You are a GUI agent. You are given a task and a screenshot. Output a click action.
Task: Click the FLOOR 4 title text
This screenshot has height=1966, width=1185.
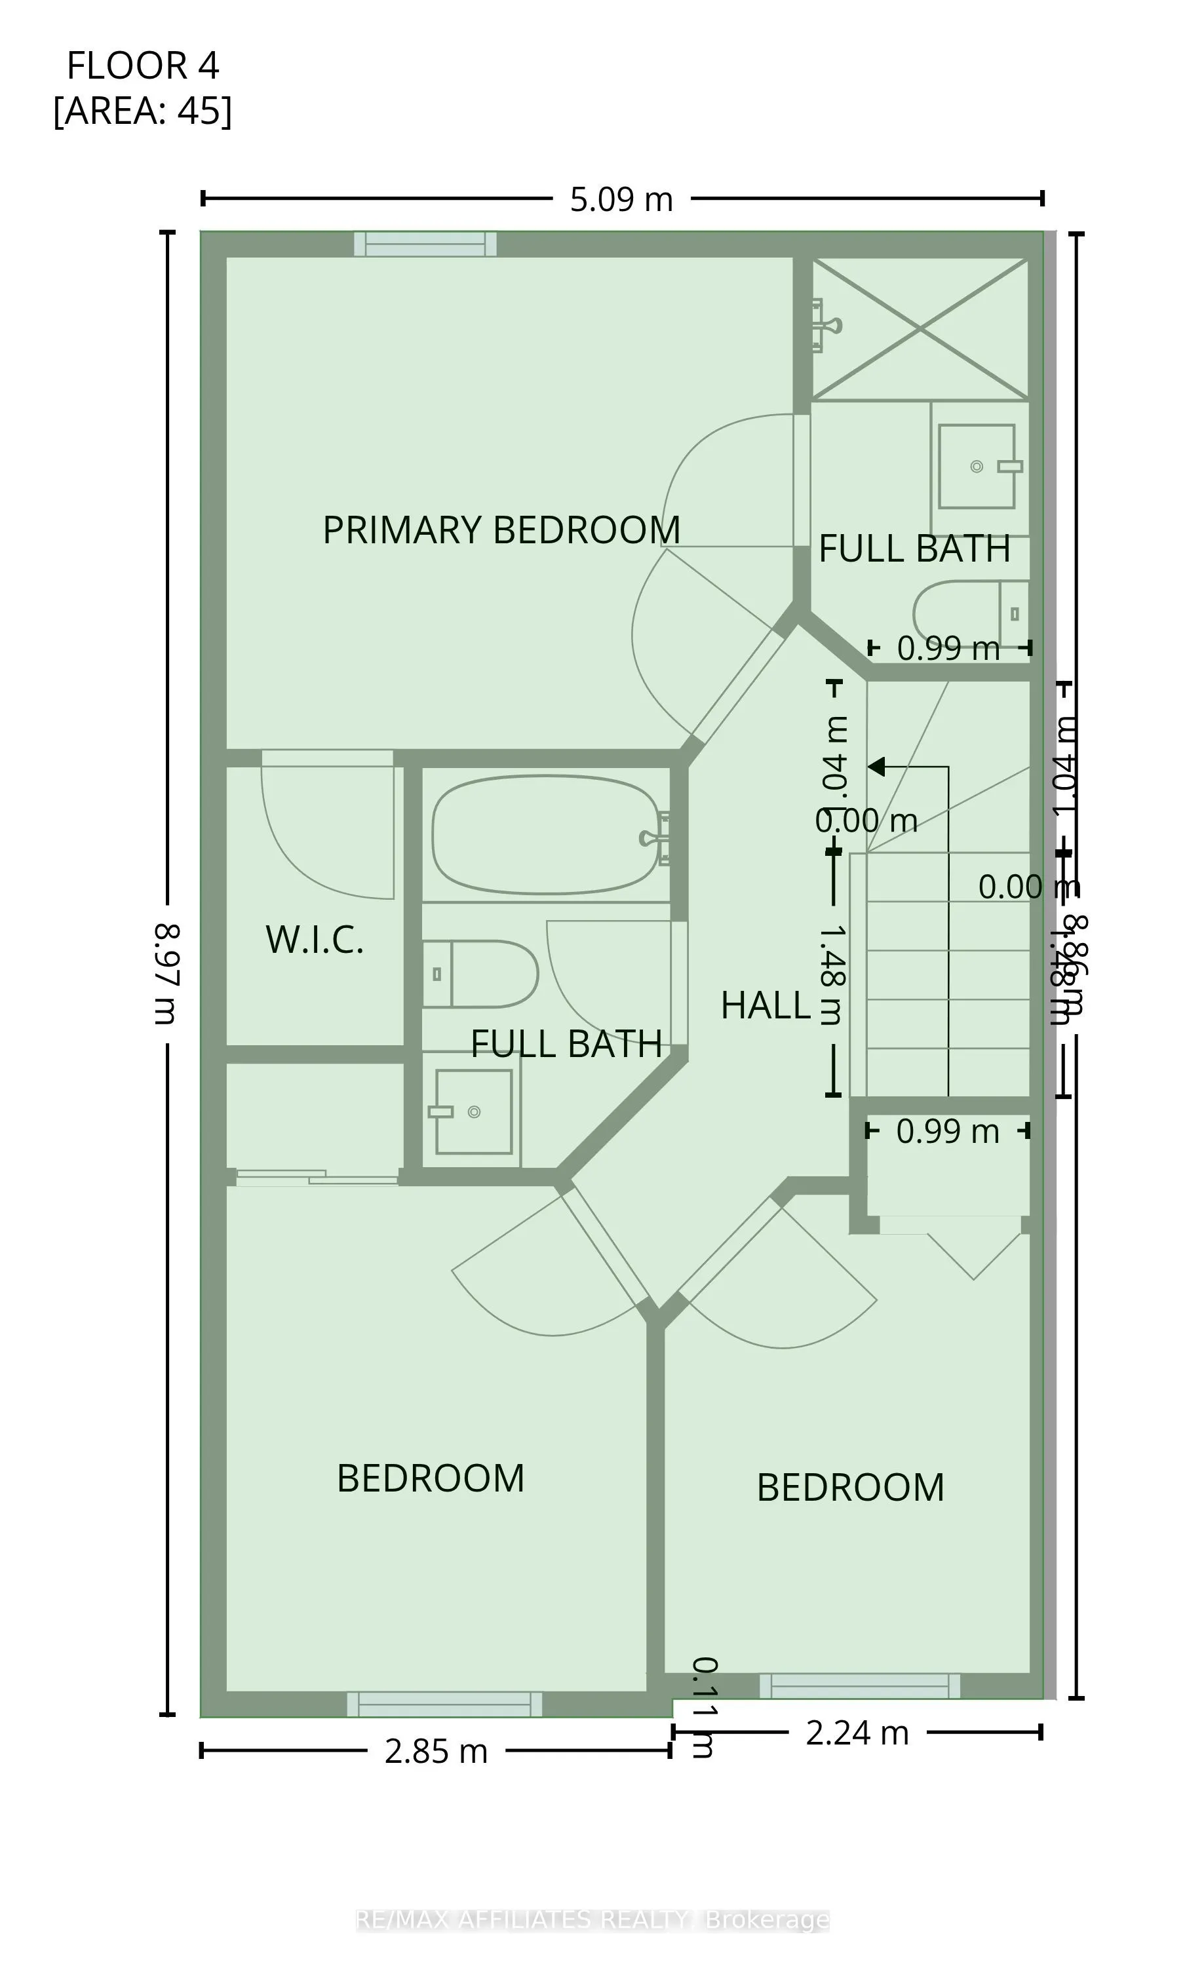pyautogui.click(x=142, y=66)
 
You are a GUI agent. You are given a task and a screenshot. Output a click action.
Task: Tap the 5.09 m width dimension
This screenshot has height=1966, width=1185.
pyautogui.click(x=621, y=199)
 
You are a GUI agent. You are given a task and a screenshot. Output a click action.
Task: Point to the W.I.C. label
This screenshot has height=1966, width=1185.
pyautogui.click(x=315, y=940)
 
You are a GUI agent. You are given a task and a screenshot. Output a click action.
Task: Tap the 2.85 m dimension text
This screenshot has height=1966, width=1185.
pyautogui.click(x=436, y=1751)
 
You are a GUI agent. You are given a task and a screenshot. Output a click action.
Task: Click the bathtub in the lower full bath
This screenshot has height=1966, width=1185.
pyautogui.click(x=545, y=835)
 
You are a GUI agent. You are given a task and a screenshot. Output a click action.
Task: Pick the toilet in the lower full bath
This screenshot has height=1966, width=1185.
pyautogui.click(x=480, y=973)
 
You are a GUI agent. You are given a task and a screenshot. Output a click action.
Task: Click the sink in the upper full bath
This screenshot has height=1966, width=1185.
pyautogui.click(x=976, y=467)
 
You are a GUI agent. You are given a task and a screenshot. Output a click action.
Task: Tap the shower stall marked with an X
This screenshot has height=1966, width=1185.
pyautogui.click(x=920, y=329)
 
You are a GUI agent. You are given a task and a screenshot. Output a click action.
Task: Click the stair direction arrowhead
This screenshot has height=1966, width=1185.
pyautogui.click(x=877, y=767)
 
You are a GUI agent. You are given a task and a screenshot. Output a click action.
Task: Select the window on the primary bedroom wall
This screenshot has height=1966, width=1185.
pyautogui.click(x=425, y=244)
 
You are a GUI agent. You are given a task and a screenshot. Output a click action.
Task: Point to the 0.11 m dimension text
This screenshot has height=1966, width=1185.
pyautogui.click(x=703, y=1708)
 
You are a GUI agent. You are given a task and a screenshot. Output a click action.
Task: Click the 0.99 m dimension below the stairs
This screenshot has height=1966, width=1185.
pyautogui.click(x=947, y=1131)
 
